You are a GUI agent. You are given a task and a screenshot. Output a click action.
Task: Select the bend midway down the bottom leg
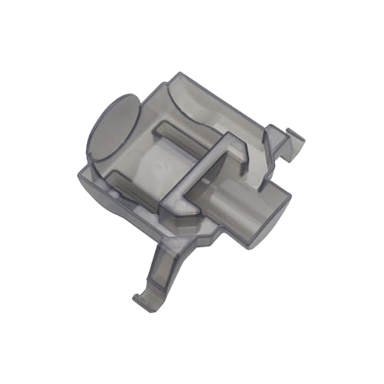[x=157, y=265]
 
